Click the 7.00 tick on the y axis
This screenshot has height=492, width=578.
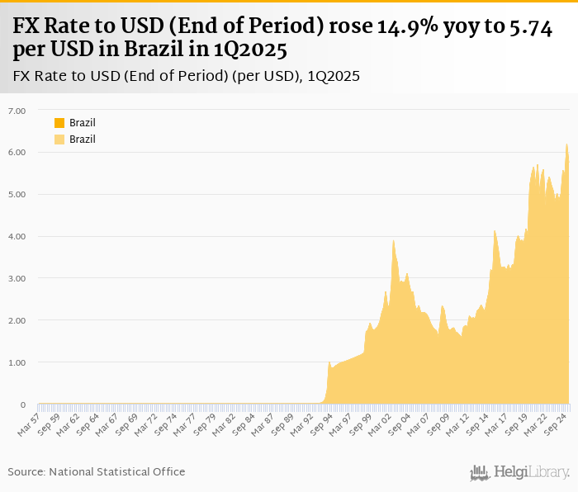pos(17,111)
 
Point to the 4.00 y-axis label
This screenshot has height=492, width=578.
pos(17,237)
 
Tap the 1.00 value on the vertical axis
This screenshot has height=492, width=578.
pos(17,362)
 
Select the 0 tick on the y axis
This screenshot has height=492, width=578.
pos(23,404)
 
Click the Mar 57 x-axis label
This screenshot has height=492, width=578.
pos(28,423)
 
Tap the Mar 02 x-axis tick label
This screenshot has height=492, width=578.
pos(380,423)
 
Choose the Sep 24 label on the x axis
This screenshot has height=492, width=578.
pos(552,423)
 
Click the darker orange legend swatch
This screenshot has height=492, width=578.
pos(59,123)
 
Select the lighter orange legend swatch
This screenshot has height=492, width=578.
pos(59,140)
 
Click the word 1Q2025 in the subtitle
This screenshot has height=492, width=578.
pos(334,76)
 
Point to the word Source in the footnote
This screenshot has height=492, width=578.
pos(26,471)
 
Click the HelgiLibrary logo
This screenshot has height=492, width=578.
pos(519,472)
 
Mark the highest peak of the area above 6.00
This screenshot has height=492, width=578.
pos(566,144)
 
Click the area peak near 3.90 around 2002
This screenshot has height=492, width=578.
pos(394,240)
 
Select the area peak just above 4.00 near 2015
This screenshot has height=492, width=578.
pos(494,231)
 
